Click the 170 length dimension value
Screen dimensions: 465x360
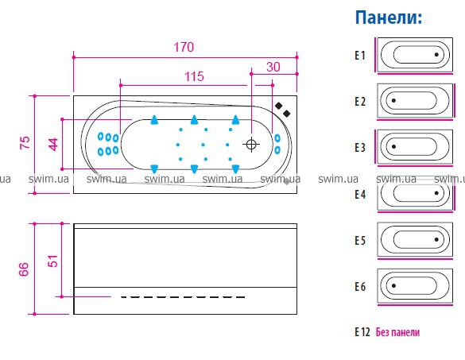[184, 47]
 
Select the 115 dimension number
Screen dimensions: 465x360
[194, 76]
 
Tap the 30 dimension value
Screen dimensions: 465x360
[273, 67]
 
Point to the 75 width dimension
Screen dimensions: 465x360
[25, 142]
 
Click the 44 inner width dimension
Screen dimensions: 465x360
[53, 145]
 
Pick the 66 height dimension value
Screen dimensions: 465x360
[24, 269]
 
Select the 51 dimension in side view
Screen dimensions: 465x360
[53, 261]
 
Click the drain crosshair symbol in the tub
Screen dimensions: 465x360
[251, 145]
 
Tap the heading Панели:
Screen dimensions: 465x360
[389, 17]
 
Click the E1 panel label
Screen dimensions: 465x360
[360, 56]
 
